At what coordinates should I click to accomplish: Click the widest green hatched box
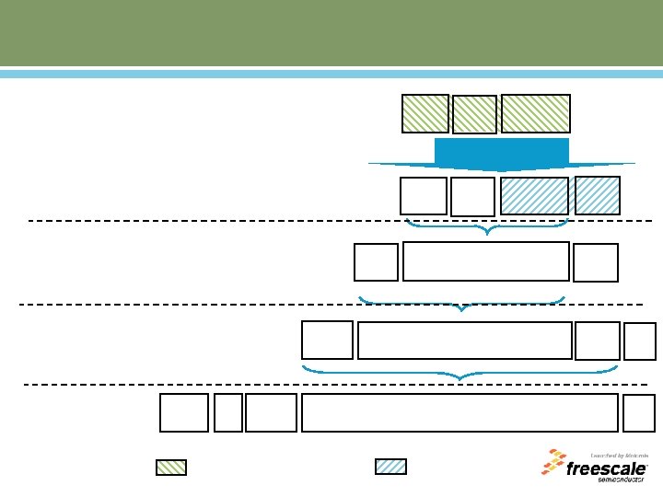pyautogui.click(x=535, y=113)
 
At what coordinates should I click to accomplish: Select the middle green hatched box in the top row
pyautogui.click(x=474, y=115)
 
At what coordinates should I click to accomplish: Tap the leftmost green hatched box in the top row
pyautogui.click(x=425, y=113)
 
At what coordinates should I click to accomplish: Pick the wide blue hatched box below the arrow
pyautogui.click(x=534, y=196)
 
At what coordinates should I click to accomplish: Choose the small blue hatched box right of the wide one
pyautogui.click(x=597, y=195)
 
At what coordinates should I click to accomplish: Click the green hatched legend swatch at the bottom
pyautogui.click(x=170, y=467)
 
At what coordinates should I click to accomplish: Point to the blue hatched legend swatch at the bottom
pyautogui.click(x=390, y=466)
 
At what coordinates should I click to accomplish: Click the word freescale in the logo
pyautogui.click(x=608, y=468)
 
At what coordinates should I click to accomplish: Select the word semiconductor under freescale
pyautogui.click(x=623, y=480)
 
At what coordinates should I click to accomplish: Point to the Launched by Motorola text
pyautogui.click(x=619, y=455)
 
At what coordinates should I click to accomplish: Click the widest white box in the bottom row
pyautogui.click(x=459, y=412)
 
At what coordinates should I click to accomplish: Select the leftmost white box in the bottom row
pyautogui.click(x=184, y=412)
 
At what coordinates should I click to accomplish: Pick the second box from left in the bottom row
pyautogui.click(x=228, y=412)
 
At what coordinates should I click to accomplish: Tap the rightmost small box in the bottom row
pyautogui.click(x=639, y=412)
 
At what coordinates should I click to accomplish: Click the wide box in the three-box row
pyautogui.click(x=485, y=261)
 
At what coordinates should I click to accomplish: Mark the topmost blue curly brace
pyautogui.click(x=486, y=225)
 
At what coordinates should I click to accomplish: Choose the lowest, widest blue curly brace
pyautogui.click(x=459, y=373)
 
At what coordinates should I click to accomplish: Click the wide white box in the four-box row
pyautogui.click(x=464, y=341)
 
